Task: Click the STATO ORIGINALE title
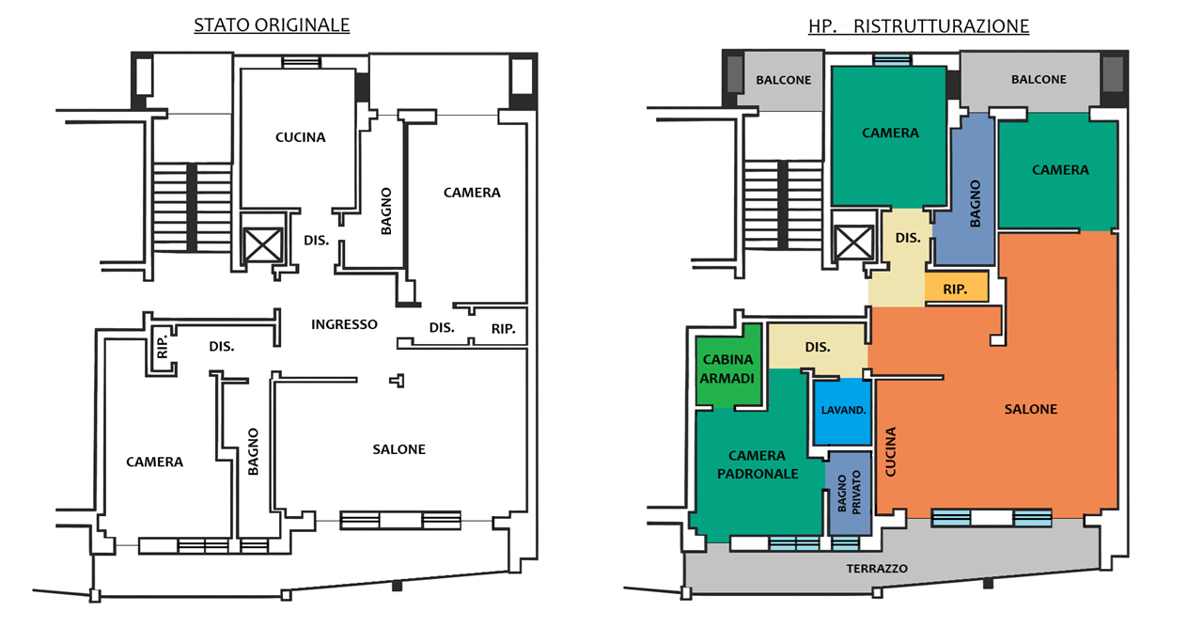[x=272, y=25]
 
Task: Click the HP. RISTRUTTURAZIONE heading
[x=918, y=26]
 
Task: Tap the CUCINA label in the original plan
[x=301, y=137]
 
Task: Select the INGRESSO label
[x=345, y=324]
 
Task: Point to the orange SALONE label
[x=1031, y=409]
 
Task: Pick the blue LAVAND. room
[x=843, y=411]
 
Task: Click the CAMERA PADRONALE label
[x=757, y=465]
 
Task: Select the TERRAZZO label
[x=877, y=569]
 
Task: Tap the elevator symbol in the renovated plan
[x=855, y=242]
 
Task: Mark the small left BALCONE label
[x=783, y=81]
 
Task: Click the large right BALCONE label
[x=1039, y=80]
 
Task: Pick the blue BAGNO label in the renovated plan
[x=976, y=203]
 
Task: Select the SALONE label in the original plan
[x=398, y=449]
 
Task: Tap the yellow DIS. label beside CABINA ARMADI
[x=818, y=348]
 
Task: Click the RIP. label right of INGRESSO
[x=504, y=329]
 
